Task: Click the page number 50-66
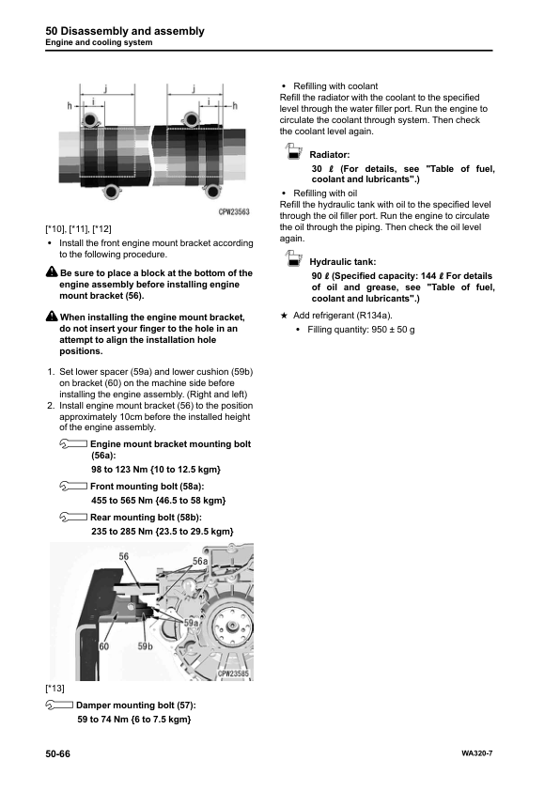click(x=58, y=753)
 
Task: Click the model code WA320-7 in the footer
click(x=476, y=753)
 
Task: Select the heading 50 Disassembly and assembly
click(x=125, y=31)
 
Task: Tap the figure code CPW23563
click(x=234, y=212)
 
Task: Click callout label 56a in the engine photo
click(x=200, y=562)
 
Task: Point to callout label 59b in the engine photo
click(x=146, y=646)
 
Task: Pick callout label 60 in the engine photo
click(x=104, y=646)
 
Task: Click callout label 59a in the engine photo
click(x=191, y=623)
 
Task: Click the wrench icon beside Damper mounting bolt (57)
click(x=59, y=706)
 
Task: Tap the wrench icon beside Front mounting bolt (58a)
click(x=73, y=487)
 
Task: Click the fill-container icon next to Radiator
click(x=293, y=151)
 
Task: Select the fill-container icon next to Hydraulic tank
click(x=293, y=258)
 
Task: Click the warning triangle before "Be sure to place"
click(x=52, y=271)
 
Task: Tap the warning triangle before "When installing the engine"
click(x=52, y=317)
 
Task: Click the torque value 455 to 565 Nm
click(x=121, y=501)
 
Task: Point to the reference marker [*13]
click(x=55, y=689)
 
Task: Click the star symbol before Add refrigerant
click(x=284, y=316)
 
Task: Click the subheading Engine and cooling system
click(x=99, y=42)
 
